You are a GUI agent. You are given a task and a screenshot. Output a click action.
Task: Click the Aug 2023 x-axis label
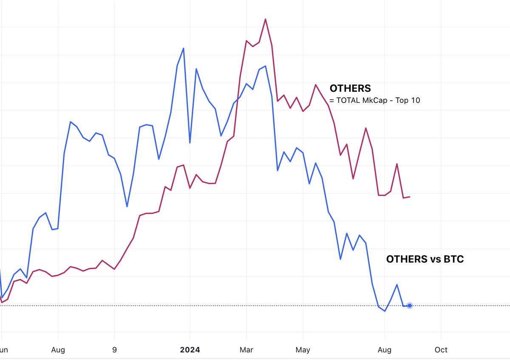tap(58, 350)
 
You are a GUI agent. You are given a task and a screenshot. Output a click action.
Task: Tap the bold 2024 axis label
tap(190, 350)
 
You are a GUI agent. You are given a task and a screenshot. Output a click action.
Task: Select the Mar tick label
tap(246, 350)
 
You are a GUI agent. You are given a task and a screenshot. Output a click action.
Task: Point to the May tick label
tap(303, 350)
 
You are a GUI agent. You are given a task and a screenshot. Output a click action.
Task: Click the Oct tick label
tap(441, 350)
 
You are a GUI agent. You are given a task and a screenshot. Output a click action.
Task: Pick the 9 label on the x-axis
tap(114, 350)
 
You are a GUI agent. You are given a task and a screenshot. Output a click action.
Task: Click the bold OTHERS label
tap(350, 88)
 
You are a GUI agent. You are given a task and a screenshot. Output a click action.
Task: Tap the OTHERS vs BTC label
tap(425, 259)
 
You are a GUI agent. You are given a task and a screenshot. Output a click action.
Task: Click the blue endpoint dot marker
tap(409, 306)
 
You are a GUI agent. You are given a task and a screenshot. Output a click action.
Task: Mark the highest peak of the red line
tap(265, 19)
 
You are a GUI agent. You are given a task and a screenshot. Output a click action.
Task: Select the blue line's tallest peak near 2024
tap(184, 48)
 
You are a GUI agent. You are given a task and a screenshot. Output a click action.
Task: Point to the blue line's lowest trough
tap(385, 311)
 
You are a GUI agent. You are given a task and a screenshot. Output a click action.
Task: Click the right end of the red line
tap(409, 197)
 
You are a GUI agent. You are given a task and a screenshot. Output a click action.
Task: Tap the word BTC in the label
tap(453, 259)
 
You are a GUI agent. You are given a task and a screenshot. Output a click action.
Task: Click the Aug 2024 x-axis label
tap(384, 350)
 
